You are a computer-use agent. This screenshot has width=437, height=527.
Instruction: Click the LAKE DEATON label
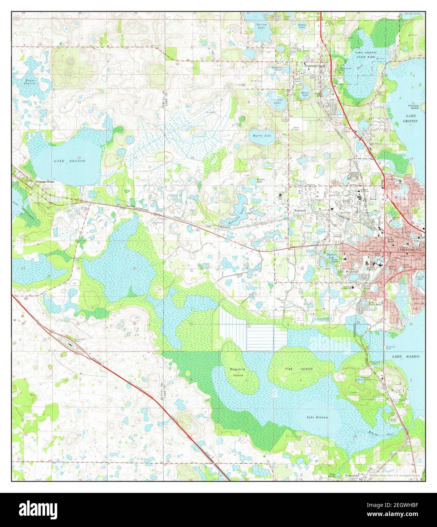pyautogui.click(x=69, y=161)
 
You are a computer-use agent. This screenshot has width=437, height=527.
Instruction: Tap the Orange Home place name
pyautogui.click(x=45, y=182)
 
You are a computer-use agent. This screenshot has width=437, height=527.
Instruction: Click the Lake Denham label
pyautogui.click(x=317, y=417)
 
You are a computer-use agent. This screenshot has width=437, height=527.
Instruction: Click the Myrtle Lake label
pyautogui.click(x=262, y=135)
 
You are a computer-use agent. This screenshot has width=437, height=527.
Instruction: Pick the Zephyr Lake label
pyautogui.click(x=302, y=26)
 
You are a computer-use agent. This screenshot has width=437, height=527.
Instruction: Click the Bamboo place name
pyautogui.click(x=131, y=206)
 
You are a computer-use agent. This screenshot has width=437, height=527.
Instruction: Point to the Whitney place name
pyautogui.click(x=225, y=227)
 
